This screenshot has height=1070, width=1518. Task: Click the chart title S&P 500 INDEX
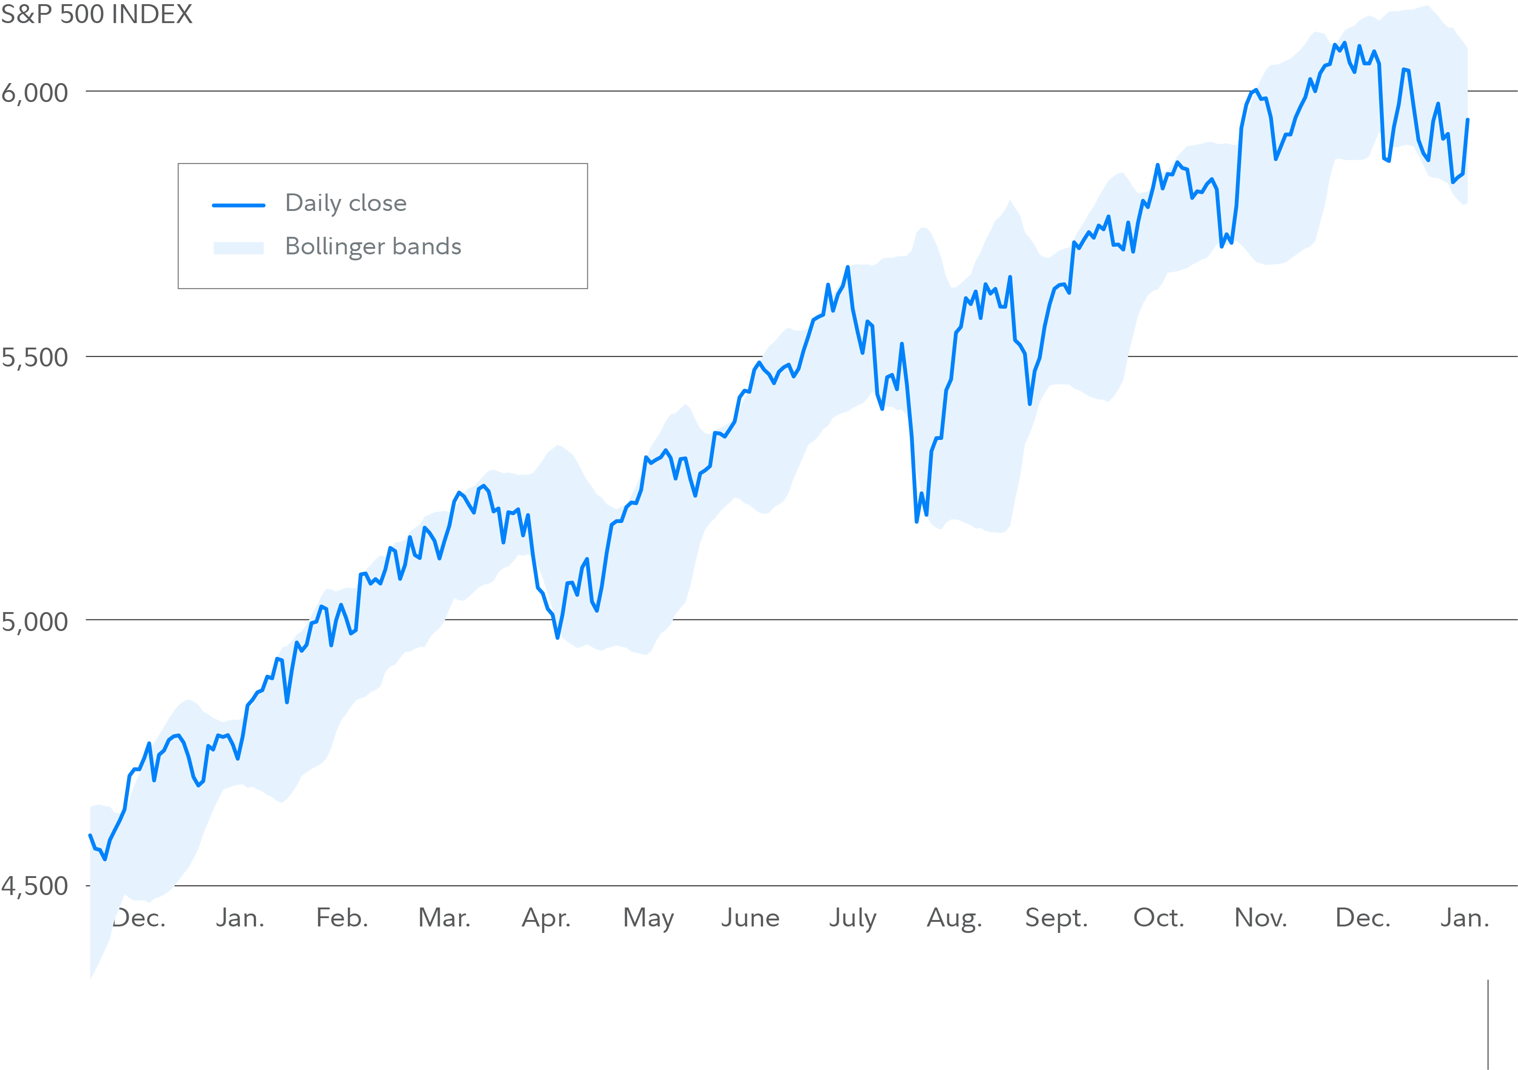tap(96, 14)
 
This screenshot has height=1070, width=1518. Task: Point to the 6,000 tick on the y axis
tap(35, 93)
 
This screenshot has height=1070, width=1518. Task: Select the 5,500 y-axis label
tap(35, 358)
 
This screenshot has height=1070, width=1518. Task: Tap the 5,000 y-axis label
tap(35, 622)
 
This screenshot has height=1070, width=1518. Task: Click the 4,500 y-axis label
tap(35, 886)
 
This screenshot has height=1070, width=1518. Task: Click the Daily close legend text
tap(346, 203)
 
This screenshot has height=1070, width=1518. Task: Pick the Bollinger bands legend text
tap(373, 246)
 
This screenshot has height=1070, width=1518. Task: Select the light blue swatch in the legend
tap(238, 248)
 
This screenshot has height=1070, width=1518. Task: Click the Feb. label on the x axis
tap(342, 918)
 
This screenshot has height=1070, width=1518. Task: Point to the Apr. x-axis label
tap(546, 918)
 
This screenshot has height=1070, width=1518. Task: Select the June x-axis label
tap(750, 918)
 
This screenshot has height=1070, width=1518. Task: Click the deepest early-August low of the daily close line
tap(916, 521)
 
